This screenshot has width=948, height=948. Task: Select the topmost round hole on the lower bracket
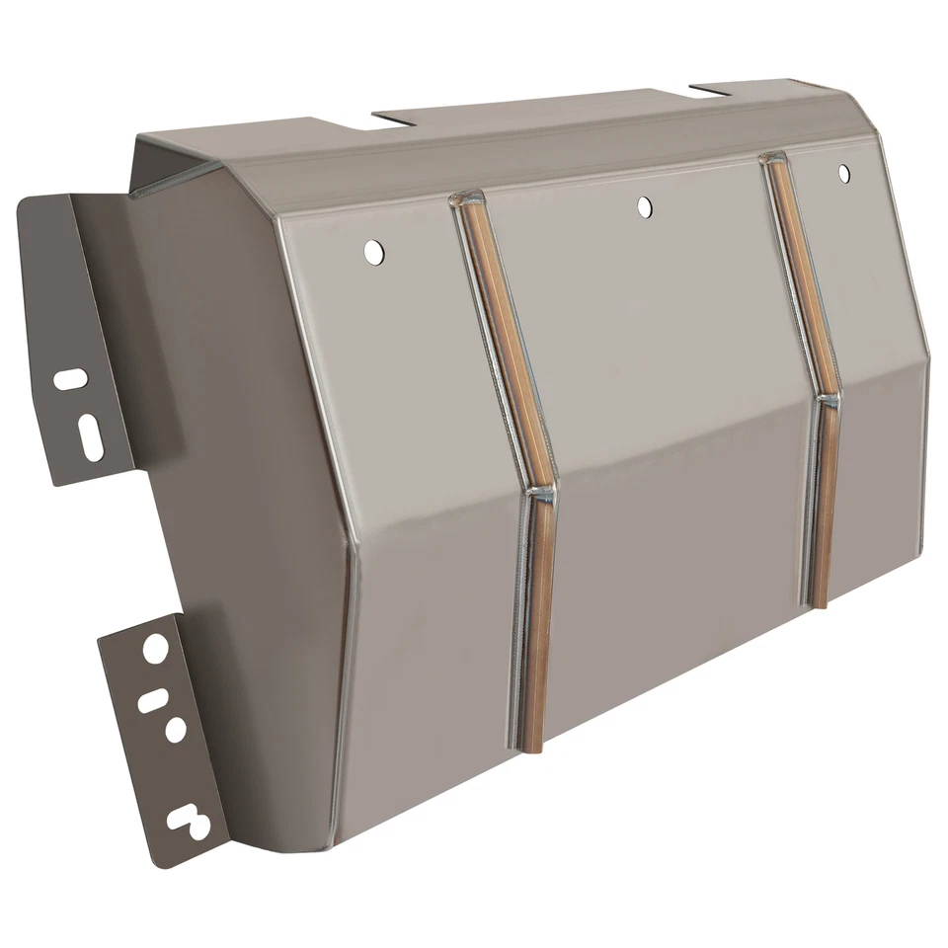pyautogui.click(x=156, y=649)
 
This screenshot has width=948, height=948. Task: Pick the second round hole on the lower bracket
pyautogui.click(x=176, y=730)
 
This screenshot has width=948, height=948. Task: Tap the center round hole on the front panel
pyautogui.click(x=644, y=206)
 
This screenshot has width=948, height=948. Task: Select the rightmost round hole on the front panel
pyautogui.click(x=843, y=174)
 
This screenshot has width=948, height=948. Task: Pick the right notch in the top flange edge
pyautogui.click(x=709, y=91)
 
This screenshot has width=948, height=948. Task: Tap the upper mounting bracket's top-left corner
pyautogui.click(x=22, y=199)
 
